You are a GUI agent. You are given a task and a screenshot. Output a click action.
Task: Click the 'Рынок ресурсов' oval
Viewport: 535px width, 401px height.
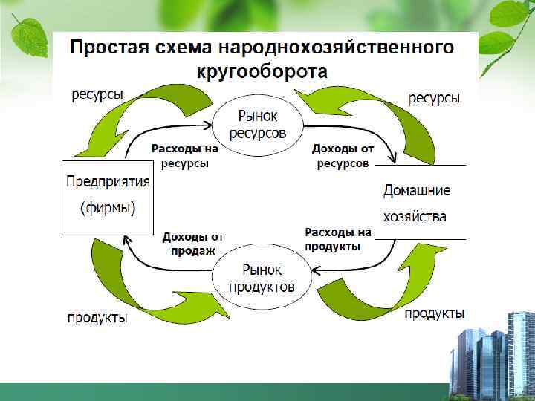point(259,124)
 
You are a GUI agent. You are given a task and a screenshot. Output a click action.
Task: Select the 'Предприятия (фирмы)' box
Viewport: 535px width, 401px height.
point(107,196)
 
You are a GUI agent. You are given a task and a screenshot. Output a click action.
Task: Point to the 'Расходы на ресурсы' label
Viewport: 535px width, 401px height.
point(185,156)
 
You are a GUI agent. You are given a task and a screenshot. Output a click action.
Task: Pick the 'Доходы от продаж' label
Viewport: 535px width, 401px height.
point(193,244)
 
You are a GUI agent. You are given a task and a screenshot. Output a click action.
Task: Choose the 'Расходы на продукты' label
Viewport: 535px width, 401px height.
point(337,239)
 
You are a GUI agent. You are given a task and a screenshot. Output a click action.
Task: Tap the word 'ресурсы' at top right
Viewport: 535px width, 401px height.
point(434,98)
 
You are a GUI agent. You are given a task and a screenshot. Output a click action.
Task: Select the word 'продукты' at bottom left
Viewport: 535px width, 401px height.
point(97,319)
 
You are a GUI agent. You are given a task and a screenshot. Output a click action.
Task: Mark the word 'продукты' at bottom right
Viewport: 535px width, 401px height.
point(435,313)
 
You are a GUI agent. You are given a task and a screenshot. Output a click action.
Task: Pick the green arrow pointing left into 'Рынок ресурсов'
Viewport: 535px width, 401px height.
point(372,111)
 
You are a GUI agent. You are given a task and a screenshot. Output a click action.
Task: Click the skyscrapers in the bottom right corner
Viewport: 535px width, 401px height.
point(494,356)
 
